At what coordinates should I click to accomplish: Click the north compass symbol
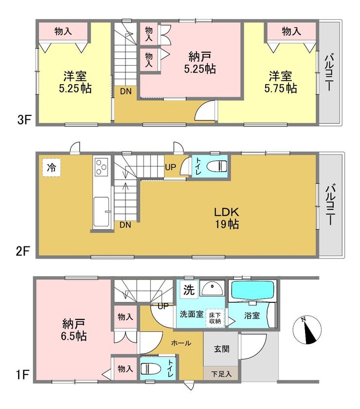coord(307,330)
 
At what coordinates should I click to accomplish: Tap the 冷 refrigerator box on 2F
coord(52,167)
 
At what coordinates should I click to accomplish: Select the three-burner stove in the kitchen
coord(101,167)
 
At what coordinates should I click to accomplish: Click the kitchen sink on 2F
coord(101,211)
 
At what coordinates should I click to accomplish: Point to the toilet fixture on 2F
coord(217,166)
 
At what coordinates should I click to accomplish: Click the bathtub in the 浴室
coord(252,291)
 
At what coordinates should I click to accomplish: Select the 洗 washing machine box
coord(189,290)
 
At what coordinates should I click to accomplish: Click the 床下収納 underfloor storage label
coord(215,317)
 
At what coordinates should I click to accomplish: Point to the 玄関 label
coord(221,349)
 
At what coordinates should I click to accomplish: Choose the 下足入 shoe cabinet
coord(221,373)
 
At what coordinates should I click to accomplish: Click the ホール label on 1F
coord(181,343)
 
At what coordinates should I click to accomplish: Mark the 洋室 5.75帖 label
coord(281,82)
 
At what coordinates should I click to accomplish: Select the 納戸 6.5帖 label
coord(73,330)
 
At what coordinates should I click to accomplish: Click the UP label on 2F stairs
coord(170,167)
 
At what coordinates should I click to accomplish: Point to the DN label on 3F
coord(126,92)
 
